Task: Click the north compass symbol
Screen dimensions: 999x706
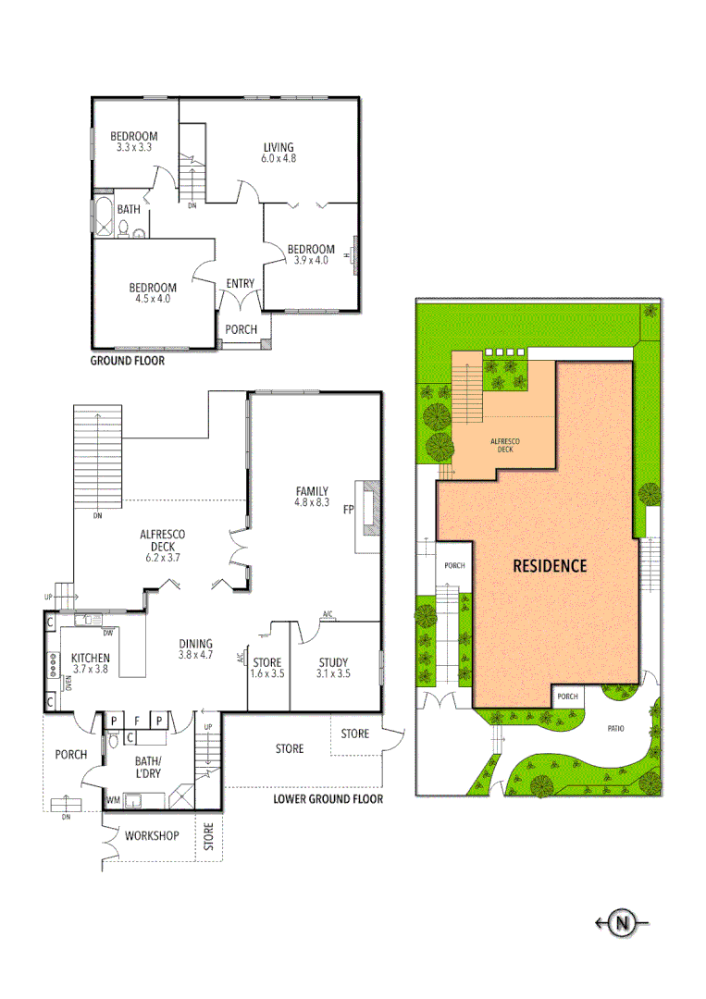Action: tap(623, 921)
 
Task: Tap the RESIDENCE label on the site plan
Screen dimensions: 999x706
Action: tap(550, 565)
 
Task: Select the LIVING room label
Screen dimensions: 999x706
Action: tap(278, 147)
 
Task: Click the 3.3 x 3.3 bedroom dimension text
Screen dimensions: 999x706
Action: tap(134, 147)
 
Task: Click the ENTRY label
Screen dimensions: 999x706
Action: tap(240, 283)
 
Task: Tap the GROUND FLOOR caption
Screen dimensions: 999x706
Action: tap(127, 361)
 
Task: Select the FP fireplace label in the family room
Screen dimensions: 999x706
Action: tap(349, 510)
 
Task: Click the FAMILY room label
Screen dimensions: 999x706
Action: tap(312, 490)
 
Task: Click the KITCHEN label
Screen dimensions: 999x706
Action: tap(91, 658)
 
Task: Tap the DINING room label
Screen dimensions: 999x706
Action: tap(195, 644)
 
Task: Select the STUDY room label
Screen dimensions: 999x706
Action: tap(333, 662)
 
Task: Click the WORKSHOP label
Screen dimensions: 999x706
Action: tap(152, 835)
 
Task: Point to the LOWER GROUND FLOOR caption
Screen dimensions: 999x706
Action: tap(328, 799)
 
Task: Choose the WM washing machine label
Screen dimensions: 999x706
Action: tap(113, 798)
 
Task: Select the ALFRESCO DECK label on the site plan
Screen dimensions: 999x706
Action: tap(505, 446)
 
